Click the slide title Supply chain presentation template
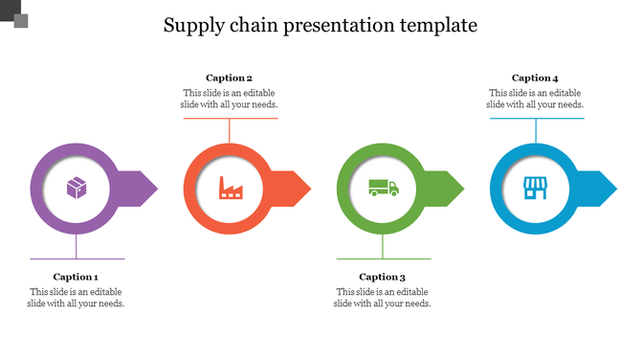[320, 25]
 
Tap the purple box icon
[77, 188]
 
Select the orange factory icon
[230, 188]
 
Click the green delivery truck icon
[384, 188]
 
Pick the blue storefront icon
[536, 188]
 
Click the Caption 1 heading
[77, 277]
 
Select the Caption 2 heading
[230, 78]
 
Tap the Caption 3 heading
[383, 277]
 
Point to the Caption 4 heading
[536, 78]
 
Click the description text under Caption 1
[77, 298]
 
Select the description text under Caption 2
[230, 99]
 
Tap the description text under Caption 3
[383, 298]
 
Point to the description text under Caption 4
[536, 99]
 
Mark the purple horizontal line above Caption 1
[77, 259]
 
